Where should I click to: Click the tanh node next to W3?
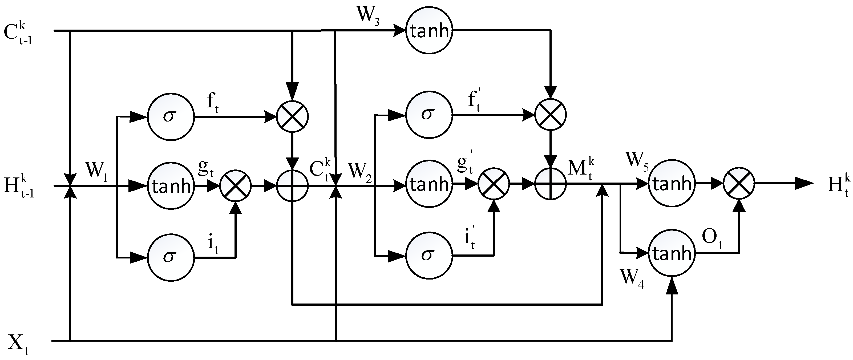pyautogui.click(x=429, y=31)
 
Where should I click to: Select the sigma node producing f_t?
pyautogui.click(x=171, y=116)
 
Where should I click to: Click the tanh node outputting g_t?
pyautogui.click(x=171, y=186)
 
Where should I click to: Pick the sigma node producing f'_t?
pyautogui.click(x=429, y=115)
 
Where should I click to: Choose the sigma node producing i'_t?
pyautogui.click(x=429, y=255)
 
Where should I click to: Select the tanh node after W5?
pyautogui.click(x=672, y=183)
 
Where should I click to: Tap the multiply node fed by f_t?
pyautogui.click(x=292, y=116)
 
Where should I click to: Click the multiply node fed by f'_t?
pyautogui.click(x=551, y=115)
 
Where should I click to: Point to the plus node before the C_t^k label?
pyautogui.click(x=292, y=186)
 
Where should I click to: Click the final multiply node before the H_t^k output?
pyautogui.click(x=739, y=183)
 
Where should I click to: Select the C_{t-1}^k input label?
pyautogui.click(x=18, y=34)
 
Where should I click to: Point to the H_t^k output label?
pyautogui.click(x=838, y=185)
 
